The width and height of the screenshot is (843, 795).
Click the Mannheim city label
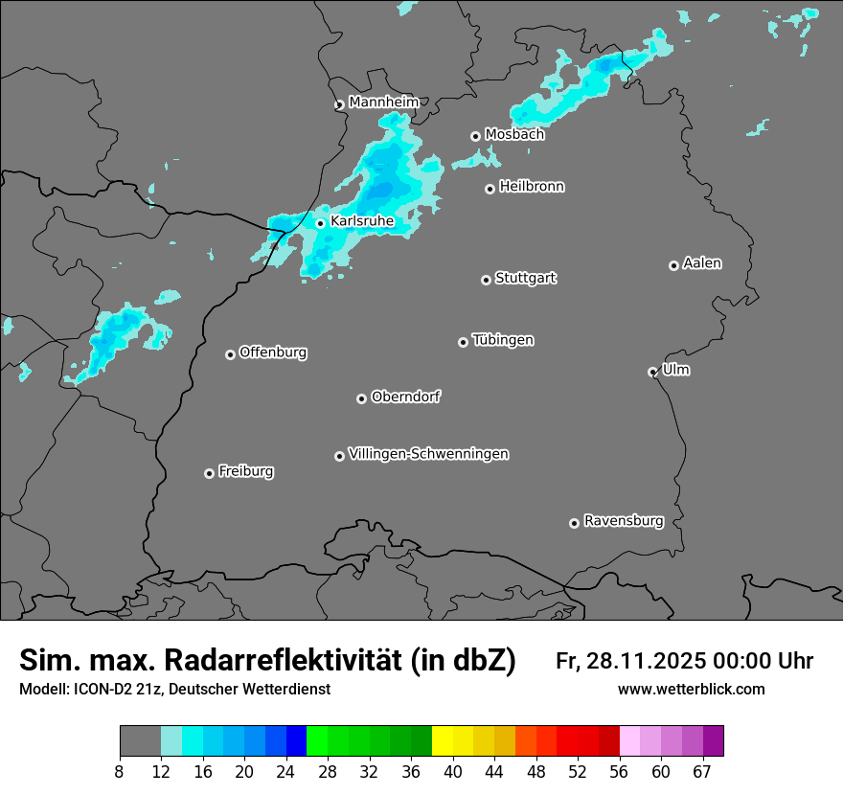[x=383, y=102]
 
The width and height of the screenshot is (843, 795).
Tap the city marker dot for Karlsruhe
[x=321, y=224]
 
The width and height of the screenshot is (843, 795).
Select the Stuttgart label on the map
[x=525, y=278]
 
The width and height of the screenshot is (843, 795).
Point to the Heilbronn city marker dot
[x=490, y=189]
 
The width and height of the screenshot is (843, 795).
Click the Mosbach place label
[x=514, y=134]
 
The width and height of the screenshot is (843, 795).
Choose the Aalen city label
[x=702, y=263]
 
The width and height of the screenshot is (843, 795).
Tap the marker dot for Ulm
[x=652, y=372]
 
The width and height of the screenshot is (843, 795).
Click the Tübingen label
[x=503, y=340]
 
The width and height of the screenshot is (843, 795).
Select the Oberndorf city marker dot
[x=361, y=398]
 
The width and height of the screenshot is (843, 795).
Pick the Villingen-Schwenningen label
[x=428, y=454]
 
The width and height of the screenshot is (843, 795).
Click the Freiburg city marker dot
[x=209, y=473]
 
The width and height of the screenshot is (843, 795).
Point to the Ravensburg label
[x=624, y=521]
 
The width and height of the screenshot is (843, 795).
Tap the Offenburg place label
[x=273, y=352]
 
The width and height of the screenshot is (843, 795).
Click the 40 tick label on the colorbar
[x=453, y=770]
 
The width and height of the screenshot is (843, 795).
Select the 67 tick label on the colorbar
[x=702, y=770]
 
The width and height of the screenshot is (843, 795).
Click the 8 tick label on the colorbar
[x=120, y=770]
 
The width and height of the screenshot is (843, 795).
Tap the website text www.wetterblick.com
[x=691, y=690]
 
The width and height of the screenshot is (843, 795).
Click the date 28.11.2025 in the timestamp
[x=645, y=661]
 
